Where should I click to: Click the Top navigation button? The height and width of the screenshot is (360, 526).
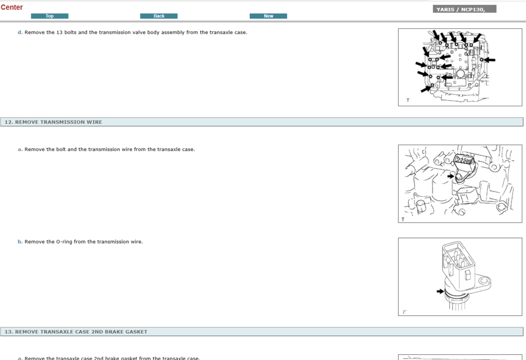point(49,16)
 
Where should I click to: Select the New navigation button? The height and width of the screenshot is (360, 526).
point(268,16)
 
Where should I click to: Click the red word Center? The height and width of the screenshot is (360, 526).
point(12,7)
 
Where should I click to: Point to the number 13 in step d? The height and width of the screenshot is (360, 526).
point(59,33)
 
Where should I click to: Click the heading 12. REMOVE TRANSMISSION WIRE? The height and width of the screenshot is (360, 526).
point(53,122)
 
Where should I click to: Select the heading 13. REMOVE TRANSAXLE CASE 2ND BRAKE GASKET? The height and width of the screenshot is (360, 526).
point(76,332)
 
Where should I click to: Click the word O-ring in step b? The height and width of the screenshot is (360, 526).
point(64,242)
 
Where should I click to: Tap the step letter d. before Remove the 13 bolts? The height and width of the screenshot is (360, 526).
point(20,33)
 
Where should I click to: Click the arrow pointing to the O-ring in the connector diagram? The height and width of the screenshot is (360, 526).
point(440,291)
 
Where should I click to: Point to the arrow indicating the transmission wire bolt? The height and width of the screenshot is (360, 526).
point(451,176)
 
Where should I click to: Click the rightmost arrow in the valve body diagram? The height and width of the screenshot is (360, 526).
point(490,60)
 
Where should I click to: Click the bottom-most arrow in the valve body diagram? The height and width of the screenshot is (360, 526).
point(426,89)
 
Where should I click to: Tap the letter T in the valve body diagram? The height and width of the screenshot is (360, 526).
point(408,101)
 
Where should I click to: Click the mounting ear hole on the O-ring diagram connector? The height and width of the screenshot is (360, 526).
point(483,281)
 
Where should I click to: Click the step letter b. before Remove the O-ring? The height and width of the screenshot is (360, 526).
point(20,242)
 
